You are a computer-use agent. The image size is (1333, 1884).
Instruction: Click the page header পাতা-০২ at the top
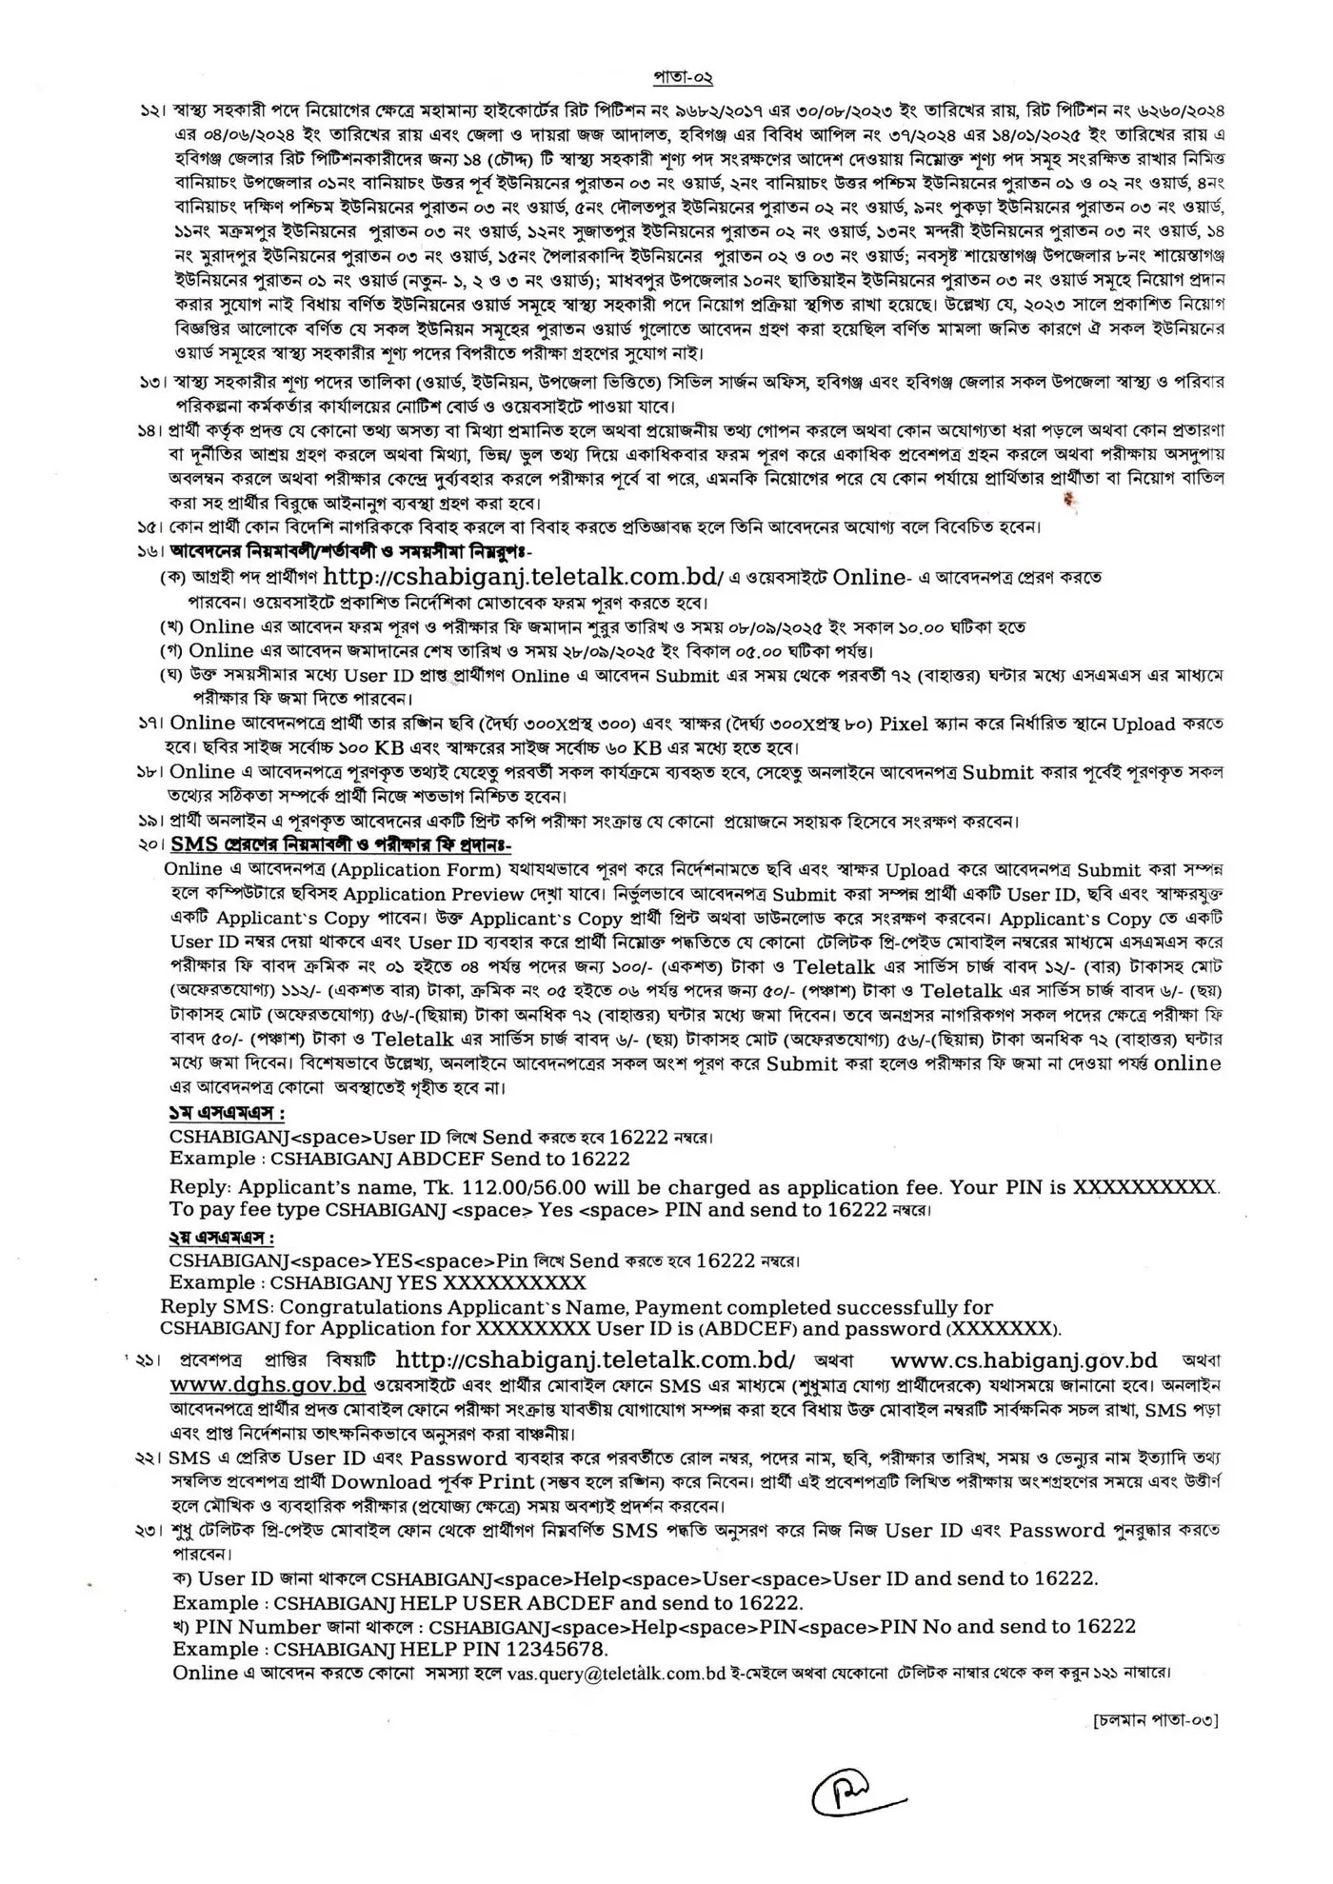(x=683, y=77)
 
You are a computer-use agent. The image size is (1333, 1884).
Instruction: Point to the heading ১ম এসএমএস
(x=227, y=1113)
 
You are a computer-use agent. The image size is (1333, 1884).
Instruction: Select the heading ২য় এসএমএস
(x=221, y=1239)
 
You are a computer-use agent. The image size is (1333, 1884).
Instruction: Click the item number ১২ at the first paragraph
(x=150, y=112)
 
